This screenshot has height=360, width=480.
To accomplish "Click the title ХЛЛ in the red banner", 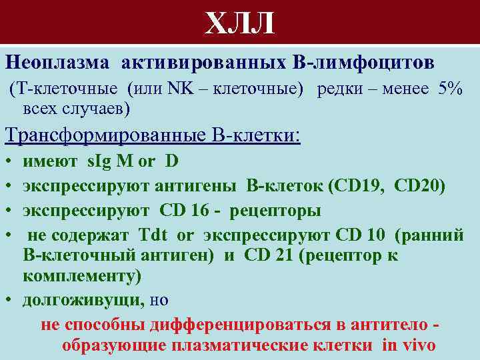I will tap(239, 25).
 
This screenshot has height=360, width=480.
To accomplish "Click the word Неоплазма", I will tap(57, 62).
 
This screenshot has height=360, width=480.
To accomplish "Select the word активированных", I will tap(202, 62).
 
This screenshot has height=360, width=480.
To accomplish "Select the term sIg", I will tap(101, 162).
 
